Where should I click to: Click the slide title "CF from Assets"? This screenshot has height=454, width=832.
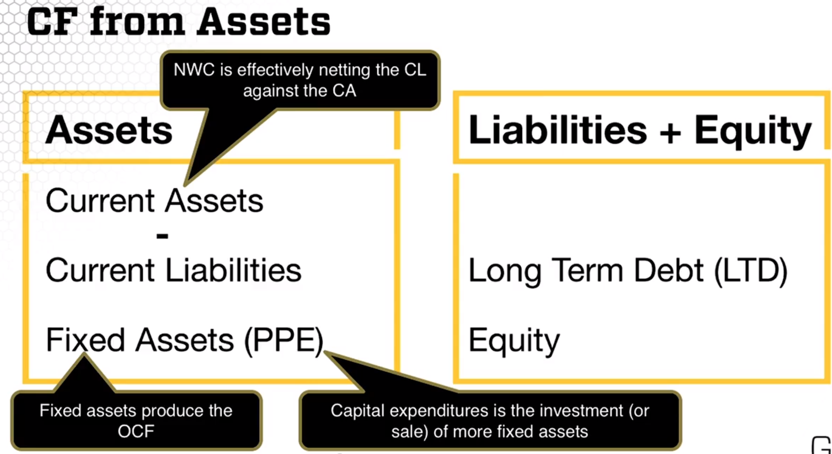pos(179,22)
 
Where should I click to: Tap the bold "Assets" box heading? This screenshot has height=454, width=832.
pos(109,130)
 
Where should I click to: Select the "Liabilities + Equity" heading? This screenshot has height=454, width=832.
pos(640,131)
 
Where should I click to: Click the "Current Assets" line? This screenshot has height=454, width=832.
pos(154,201)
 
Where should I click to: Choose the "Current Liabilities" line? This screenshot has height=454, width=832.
pos(173,270)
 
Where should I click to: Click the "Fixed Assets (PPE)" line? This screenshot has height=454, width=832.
pos(185,340)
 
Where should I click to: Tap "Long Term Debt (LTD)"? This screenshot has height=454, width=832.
pos(628,271)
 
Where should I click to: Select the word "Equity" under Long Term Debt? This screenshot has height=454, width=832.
pos(514,341)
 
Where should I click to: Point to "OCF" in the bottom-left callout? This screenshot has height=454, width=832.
pos(136,431)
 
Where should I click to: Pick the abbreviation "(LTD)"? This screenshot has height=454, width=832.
pos(751,271)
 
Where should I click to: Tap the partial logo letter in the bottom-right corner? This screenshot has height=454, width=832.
pos(822,445)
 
